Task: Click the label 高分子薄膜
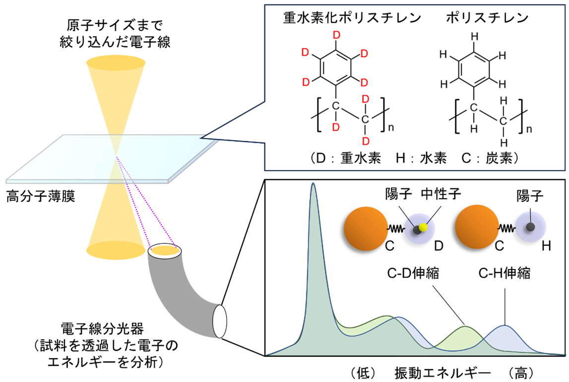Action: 41,196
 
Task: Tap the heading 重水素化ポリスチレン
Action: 352,18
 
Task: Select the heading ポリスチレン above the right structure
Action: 487,18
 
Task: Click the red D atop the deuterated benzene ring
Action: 337,36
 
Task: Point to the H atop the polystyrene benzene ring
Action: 474,36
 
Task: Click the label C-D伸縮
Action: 413,273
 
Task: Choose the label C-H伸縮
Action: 505,273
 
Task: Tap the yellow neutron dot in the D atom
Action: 423,227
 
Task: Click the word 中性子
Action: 441,194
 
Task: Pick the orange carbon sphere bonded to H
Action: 477,227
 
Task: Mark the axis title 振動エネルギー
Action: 443,373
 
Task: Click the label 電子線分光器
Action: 102,328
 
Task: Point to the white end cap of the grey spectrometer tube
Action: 220,322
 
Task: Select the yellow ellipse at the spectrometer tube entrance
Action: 165,250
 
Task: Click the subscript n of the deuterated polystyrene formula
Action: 391,128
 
